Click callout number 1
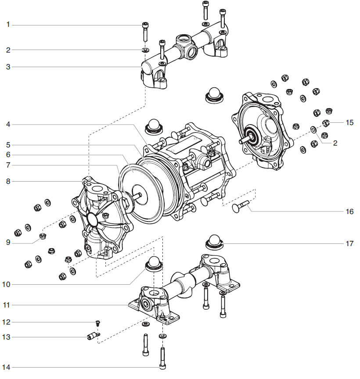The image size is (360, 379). point(7,25)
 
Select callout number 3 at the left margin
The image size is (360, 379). point(7,67)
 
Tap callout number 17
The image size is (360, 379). point(349,243)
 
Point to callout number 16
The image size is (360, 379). point(349,211)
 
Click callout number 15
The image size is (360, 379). point(349,122)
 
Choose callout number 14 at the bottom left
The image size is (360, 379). point(6,367)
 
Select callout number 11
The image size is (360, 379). point(7,304)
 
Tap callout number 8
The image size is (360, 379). point(7,181)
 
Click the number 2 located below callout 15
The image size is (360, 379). point(335,143)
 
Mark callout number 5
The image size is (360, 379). point(7,144)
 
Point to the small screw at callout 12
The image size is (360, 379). point(97,323)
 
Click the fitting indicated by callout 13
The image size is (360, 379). point(91,337)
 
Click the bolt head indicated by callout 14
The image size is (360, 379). point(162,365)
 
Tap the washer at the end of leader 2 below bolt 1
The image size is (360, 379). point(145,50)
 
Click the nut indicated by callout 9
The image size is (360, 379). point(43,236)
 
